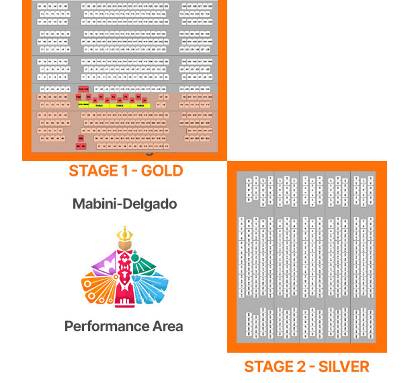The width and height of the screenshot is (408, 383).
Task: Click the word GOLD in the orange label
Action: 160,170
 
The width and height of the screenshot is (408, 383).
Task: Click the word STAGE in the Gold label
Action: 93,170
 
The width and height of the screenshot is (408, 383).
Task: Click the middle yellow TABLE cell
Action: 119,106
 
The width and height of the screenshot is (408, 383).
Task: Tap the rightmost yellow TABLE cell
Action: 140,106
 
